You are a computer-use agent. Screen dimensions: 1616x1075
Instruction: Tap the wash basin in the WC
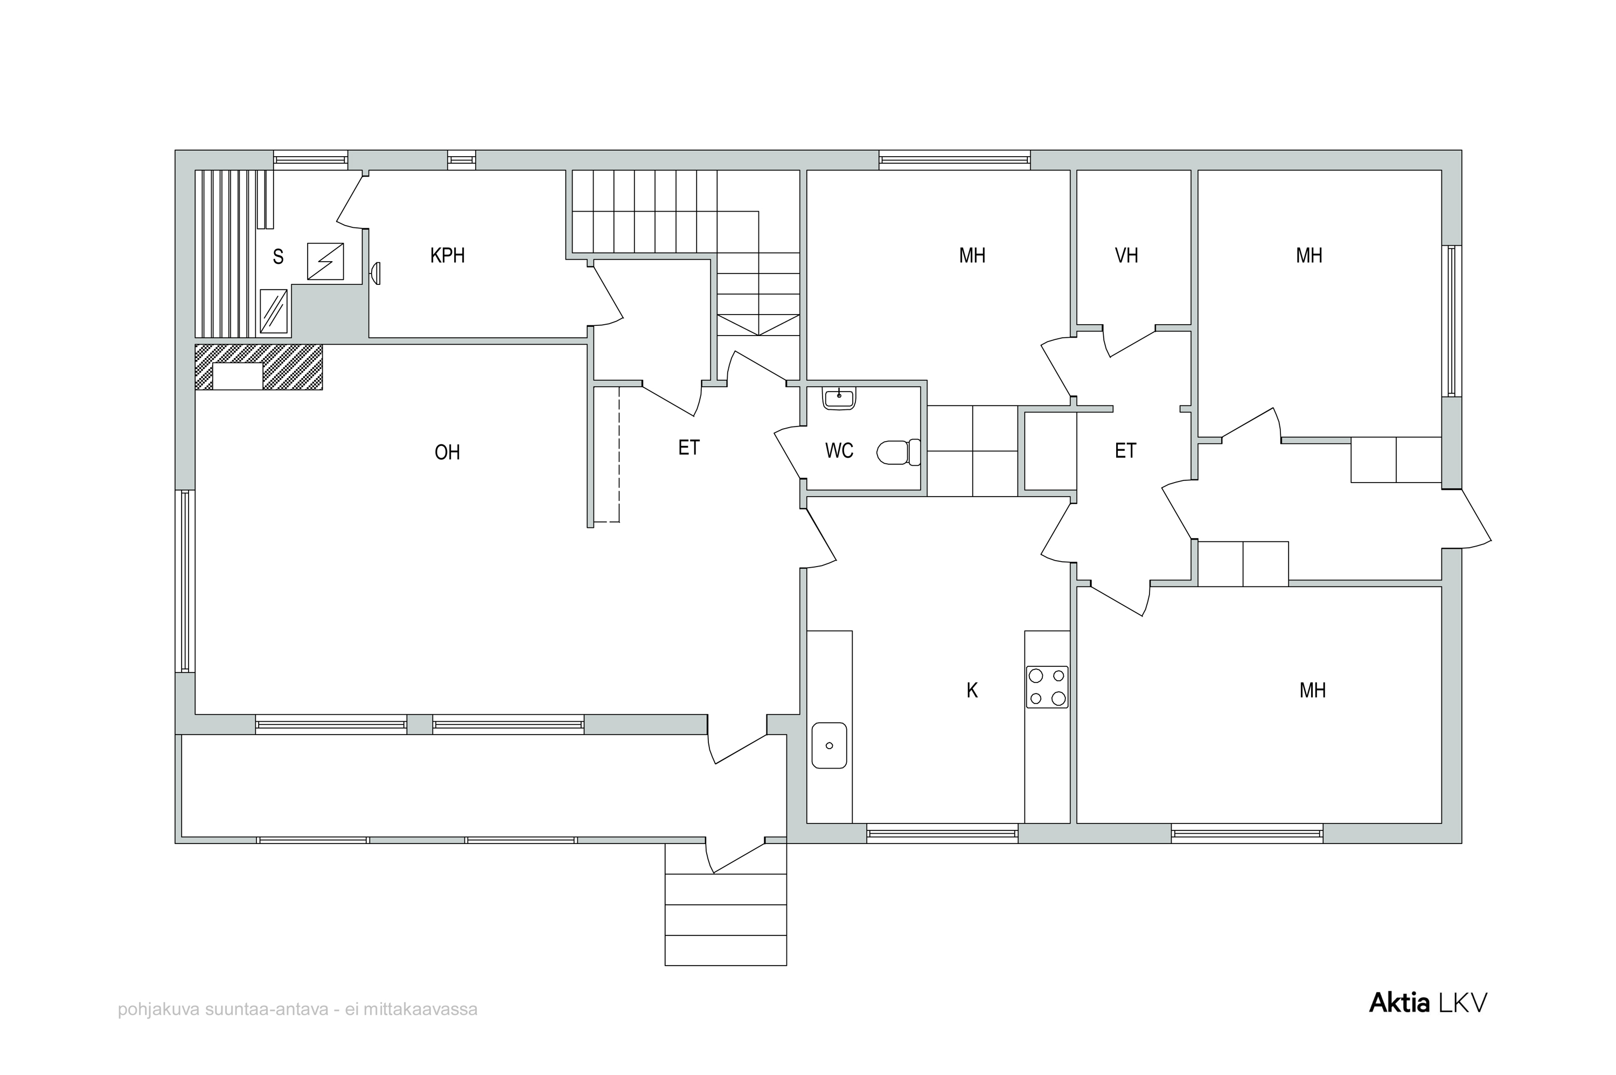pos(839,399)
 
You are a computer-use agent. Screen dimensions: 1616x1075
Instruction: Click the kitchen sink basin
pos(829,745)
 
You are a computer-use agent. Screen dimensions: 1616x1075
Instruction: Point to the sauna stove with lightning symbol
pos(325,261)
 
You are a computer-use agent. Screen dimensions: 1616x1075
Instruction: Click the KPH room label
pos(447,256)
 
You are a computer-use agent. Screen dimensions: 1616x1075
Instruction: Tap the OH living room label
pos(447,452)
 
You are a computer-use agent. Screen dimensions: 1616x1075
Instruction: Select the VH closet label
pos(1126,256)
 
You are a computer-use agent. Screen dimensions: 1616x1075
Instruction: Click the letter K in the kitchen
pos(972,690)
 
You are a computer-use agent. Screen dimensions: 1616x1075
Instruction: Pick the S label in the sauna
pos(277,257)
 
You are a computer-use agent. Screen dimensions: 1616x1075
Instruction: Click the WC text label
pos(839,450)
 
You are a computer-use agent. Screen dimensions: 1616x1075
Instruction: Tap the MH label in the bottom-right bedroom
pos(1312,690)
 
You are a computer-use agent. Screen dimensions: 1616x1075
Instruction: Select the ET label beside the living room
pos(688,448)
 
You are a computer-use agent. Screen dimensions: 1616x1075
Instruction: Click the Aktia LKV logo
pos(1427,1003)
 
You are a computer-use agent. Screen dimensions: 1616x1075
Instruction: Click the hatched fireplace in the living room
pos(259,367)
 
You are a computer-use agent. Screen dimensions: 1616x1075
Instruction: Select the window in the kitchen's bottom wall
pos(942,834)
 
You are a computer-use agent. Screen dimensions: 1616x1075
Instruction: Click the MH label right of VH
pos(1309,256)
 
